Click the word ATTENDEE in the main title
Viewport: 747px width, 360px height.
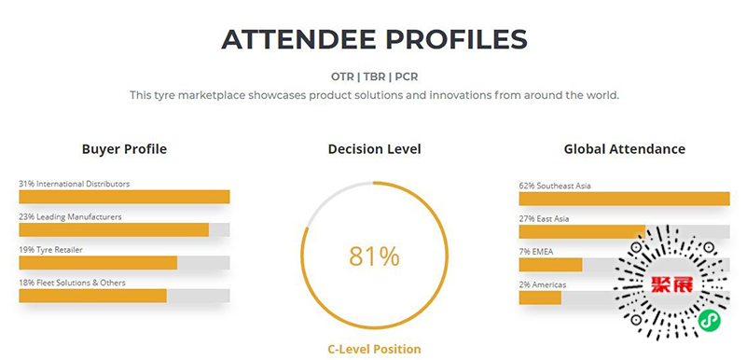(x=297, y=39)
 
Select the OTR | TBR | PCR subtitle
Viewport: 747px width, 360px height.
(x=374, y=76)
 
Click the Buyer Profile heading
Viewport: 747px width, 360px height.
(x=124, y=149)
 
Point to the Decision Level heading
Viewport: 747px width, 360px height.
(x=375, y=149)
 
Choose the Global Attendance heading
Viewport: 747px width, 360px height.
(x=625, y=149)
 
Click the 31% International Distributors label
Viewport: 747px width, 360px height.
(x=75, y=184)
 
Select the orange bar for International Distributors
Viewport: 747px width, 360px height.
(x=124, y=197)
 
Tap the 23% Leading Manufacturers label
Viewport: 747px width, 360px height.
(x=71, y=216)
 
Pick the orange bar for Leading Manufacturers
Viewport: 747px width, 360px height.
(x=114, y=230)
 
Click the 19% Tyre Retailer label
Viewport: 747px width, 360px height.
(x=51, y=250)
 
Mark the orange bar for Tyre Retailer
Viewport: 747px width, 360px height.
(x=98, y=263)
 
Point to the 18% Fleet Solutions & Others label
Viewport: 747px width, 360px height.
(x=73, y=283)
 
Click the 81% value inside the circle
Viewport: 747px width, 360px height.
(x=375, y=256)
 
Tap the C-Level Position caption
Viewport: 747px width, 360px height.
(x=375, y=349)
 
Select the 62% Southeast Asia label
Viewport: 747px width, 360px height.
(x=555, y=186)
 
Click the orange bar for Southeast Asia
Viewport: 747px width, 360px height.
(x=625, y=199)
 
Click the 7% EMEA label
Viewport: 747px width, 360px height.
(x=536, y=252)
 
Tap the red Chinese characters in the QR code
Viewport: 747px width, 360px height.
(x=671, y=284)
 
